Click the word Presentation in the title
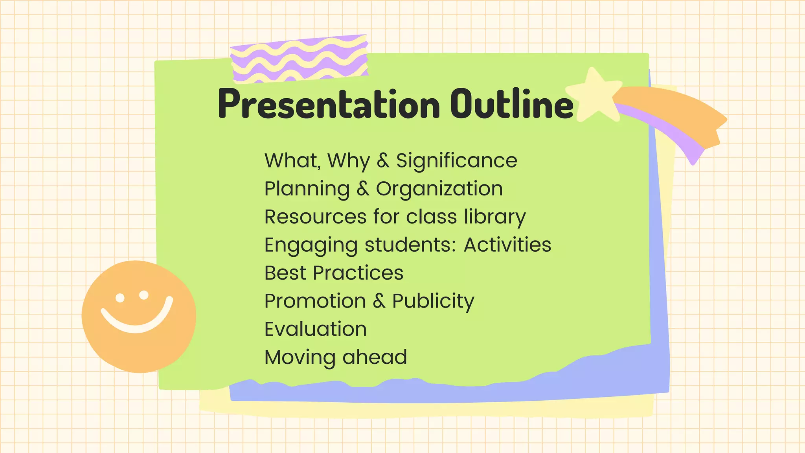click(328, 104)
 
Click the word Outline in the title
click(512, 103)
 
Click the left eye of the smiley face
click(120, 298)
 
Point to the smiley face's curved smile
click(136, 324)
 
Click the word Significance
click(456, 160)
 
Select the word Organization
click(439, 189)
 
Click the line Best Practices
click(334, 273)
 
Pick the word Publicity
click(433, 301)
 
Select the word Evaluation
click(316, 329)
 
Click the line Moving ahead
click(336, 357)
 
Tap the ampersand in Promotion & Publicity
click(379, 301)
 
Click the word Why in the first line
click(348, 161)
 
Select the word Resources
click(315, 217)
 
